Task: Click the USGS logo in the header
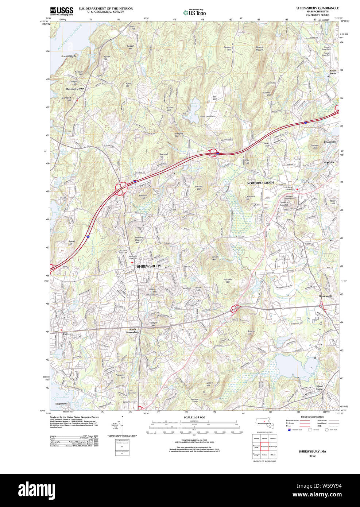click(x=61, y=11)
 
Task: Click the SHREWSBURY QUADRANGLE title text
click(x=317, y=8)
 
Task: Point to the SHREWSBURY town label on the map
click(x=149, y=266)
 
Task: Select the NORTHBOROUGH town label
click(x=260, y=183)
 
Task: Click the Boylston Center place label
click(x=75, y=89)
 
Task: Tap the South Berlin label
click(x=333, y=72)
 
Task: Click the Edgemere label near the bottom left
click(x=61, y=404)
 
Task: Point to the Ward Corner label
click(x=320, y=387)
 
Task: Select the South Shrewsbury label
click(x=132, y=331)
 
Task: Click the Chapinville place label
click(x=330, y=142)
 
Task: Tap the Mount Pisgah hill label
click(x=259, y=49)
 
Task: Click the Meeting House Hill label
click(x=139, y=240)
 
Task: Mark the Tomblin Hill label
click(x=228, y=281)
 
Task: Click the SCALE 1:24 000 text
click(x=194, y=417)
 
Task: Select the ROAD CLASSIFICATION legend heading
click(x=312, y=417)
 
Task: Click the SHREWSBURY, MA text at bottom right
click(x=312, y=452)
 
